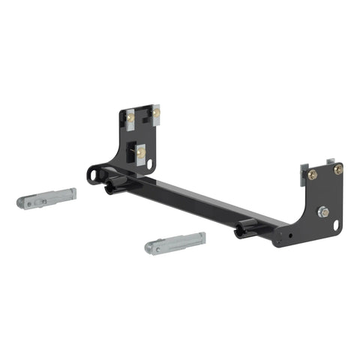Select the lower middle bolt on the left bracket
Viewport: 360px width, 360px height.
tap(140, 153)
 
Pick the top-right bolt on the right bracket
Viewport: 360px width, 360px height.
tap(338, 169)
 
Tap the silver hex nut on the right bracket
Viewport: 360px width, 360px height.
tap(322, 211)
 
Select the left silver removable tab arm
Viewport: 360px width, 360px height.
tap(46, 199)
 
